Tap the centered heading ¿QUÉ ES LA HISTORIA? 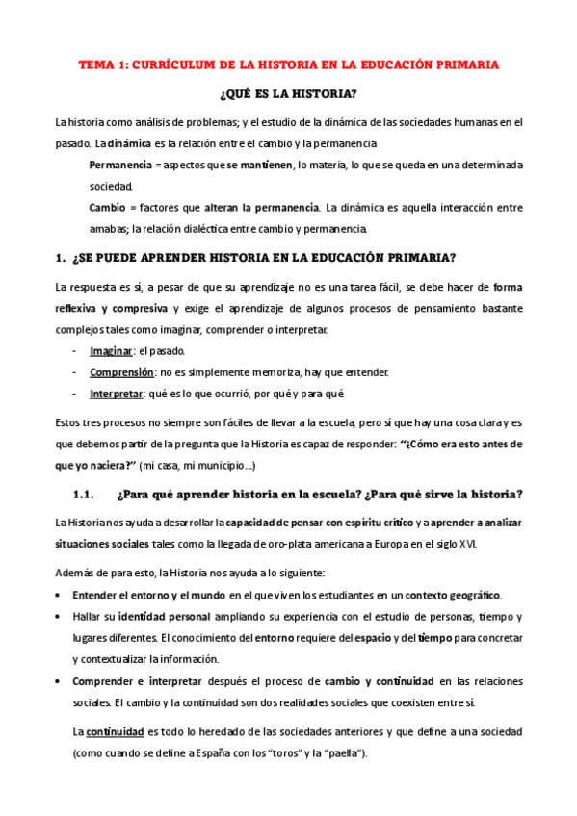tap(288, 94)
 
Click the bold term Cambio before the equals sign tap(106, 207)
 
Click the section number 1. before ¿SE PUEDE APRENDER tap(61, 258)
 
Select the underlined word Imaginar tap(111, 351)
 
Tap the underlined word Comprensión tap(121, 371)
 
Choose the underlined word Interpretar tap(116, 393)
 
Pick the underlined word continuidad tap(118, 732)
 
